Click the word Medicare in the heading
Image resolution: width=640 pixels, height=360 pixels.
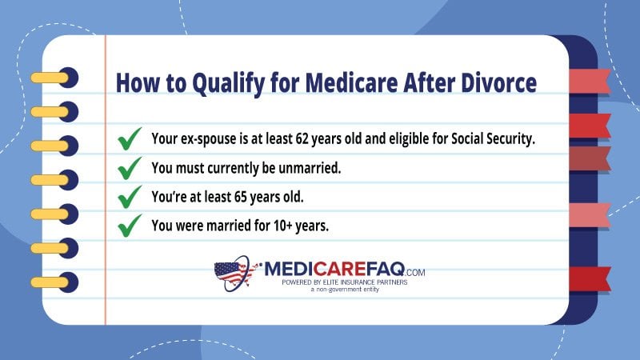(x=351, y=82)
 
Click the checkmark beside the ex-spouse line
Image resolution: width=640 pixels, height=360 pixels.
(x=130, y=138)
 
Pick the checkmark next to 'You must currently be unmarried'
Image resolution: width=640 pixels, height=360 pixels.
(x=130, y=168)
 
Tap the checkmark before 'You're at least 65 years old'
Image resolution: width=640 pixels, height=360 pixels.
(x=130, y=197)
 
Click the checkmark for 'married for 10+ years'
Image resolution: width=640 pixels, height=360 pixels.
(x=130, y=226)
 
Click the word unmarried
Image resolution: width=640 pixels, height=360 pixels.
(x=310, y=168)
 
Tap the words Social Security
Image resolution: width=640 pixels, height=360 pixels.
(x=493, y=139)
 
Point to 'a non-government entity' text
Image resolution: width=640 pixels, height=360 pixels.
(x=345, y=290)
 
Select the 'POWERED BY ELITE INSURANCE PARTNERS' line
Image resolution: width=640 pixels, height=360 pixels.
(x=345, y=282)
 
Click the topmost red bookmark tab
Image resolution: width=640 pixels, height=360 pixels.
(x=590, y=81)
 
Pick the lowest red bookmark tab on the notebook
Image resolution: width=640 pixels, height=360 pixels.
(x=590, y=278)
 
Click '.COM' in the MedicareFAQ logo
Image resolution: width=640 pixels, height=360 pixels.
(x=415, y=272)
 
